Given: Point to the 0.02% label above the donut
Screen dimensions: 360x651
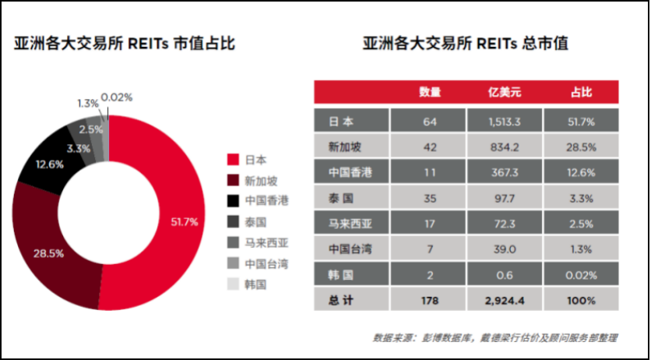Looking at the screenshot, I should tap(117, 97).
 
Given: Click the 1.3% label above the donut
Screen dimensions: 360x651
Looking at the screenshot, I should tap(87, 103).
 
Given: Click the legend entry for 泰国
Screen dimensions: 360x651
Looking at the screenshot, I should tap(255, 221).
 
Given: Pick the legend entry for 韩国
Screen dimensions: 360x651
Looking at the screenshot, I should tap(255, 284).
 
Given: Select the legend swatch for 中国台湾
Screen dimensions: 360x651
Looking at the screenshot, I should tap(232, 263).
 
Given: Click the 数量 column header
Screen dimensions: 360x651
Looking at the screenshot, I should tap(430, 92).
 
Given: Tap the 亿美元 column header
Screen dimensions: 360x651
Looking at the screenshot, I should tap(504, 92).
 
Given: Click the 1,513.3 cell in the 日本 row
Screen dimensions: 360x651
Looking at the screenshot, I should tap(504, 121).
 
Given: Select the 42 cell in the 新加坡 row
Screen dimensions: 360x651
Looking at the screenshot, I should tap(430, 146).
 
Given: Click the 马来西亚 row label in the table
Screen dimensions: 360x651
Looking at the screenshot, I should tap(350, 224).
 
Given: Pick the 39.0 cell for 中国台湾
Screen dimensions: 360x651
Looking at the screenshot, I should tap(504, 249).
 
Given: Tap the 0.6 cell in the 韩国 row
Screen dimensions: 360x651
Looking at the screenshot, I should tap(504, 275).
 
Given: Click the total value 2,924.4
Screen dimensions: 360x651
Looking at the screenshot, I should tap(504, 300).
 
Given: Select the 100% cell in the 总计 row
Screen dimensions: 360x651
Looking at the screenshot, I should tap(581, 300).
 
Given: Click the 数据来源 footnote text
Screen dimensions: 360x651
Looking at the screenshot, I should tap(495, 338).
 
